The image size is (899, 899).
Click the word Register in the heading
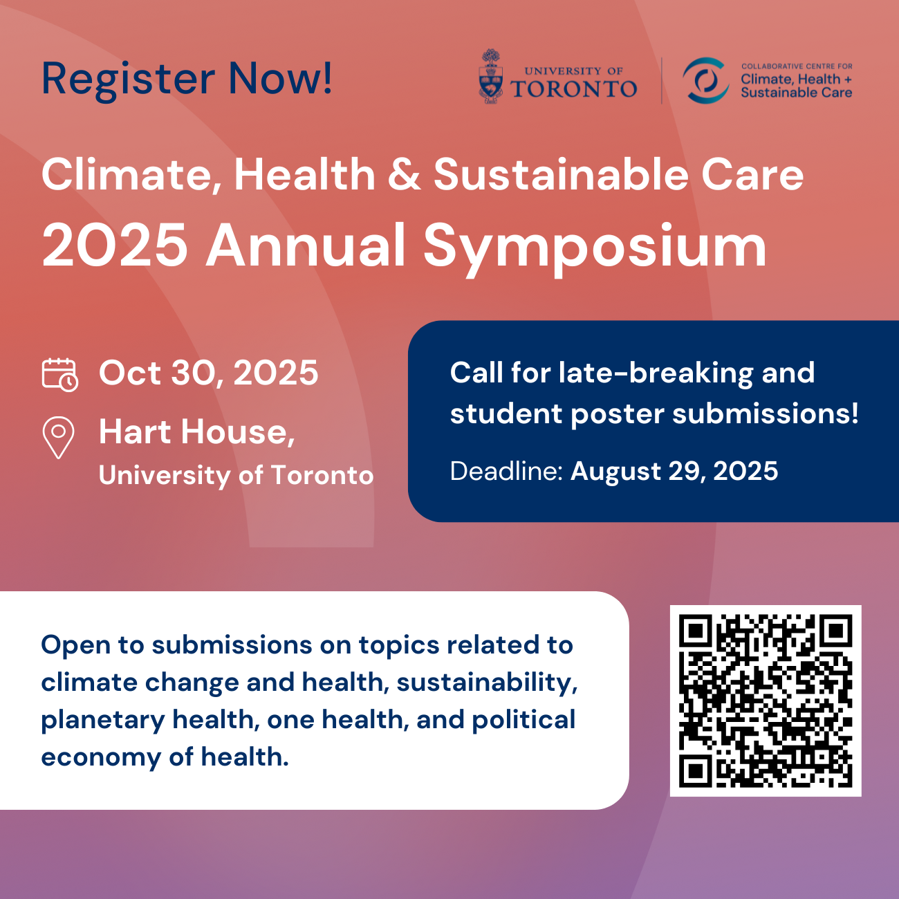tap(129, 80)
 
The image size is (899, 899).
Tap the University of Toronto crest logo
tap(491, 76)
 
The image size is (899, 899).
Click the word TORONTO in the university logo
tap(574, 89)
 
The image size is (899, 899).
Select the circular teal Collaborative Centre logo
tap(705, 80)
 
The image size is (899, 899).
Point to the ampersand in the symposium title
tap(405, 174)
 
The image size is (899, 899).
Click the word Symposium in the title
tap(595, 247)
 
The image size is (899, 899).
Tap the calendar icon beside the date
tap(59, 375)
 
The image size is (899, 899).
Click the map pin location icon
tap(58, 437)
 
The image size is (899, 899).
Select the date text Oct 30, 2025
tap(209, 373)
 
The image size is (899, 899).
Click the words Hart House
tap(197, 432)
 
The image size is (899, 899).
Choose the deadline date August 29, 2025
tap(674, 471)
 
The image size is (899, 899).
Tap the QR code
tap(766, 701)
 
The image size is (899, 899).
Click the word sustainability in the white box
tap(487, 683)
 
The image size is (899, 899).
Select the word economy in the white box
tap(101, 758)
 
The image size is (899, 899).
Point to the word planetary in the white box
tap(103, 721)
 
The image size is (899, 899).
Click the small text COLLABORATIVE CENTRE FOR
tap(797, 66)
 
